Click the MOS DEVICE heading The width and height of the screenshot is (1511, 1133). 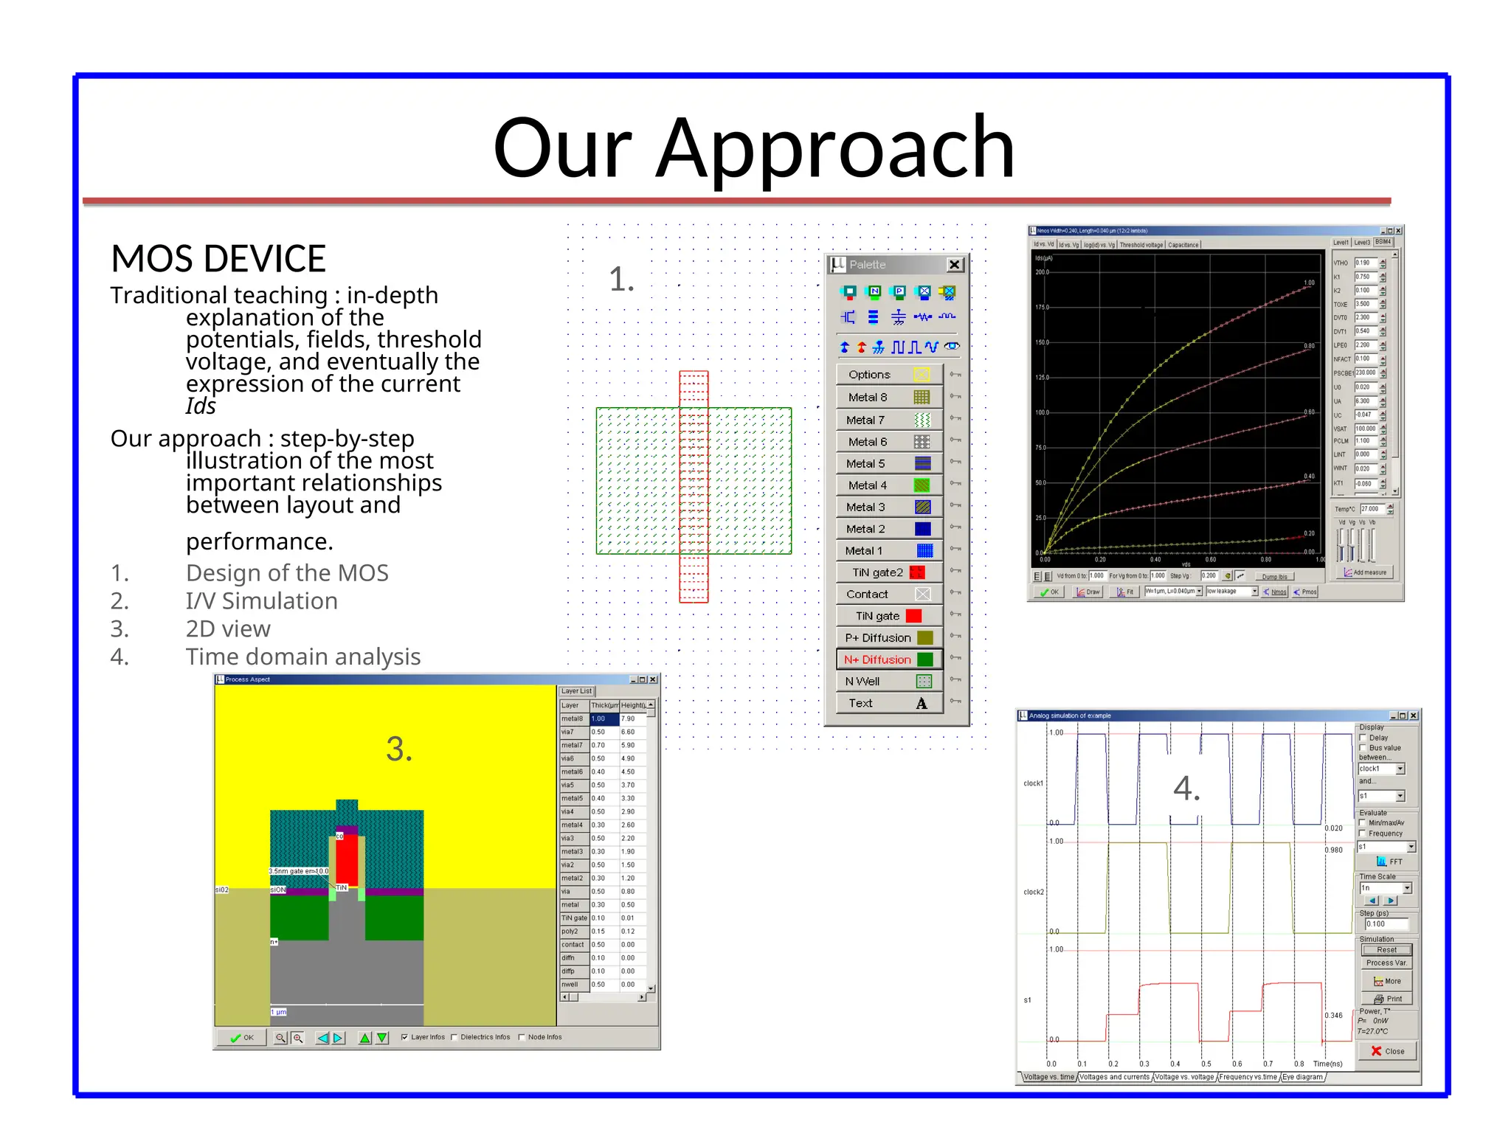click(x=218, y=259)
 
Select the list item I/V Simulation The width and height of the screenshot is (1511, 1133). click(x=261, y=601)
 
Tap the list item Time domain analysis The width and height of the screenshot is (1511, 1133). click(x=302, y=656)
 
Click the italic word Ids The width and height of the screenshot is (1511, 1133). click(x=201, y=406)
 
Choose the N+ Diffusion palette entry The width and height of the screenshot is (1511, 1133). click(x=889, y=659)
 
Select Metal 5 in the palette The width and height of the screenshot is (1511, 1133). click(x=889, y=463)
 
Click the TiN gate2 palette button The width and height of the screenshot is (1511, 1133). click(x=889, y=572)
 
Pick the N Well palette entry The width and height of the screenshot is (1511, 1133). click(x=889, y=681)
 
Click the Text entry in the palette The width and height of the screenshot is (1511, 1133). click(x=889, y=703)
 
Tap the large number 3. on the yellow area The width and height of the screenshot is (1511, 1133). click(x=399, y=749)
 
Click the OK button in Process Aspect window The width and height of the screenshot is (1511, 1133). click(x=242, y=1038)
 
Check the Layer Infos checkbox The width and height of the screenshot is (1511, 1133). click(x=404, y=1037)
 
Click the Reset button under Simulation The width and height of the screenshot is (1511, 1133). click(x=1386, y=950)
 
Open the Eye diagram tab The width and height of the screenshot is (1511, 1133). click(x=1302, y=1077)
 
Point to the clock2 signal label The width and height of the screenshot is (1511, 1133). click(x=1033, y=892)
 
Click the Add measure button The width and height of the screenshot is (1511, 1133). click(x=1365, y=572)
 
